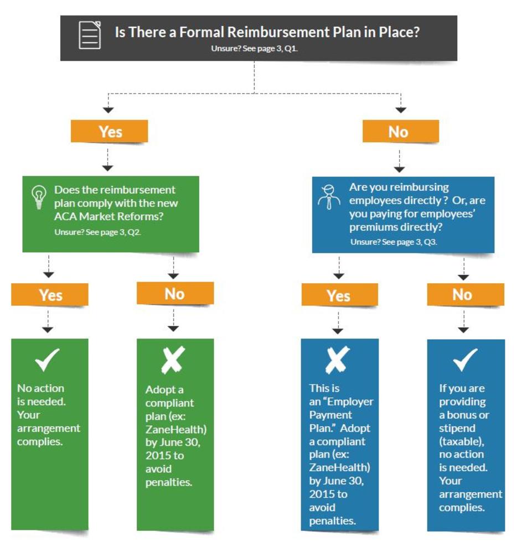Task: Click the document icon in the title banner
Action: (x=90, y=35)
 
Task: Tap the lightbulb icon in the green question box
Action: (x=39, y=197)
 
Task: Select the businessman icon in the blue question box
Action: (x=328, y=197)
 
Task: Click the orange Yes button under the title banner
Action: (x=110, y=132)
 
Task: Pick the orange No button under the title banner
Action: (x=401, y=132)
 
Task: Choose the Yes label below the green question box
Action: (x=50, y=295)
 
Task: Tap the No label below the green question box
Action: (x=175, y=294)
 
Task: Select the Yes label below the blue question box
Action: (x=339, y=295)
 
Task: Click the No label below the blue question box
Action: (x=466, y=294)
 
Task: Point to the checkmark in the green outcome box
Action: (x=47, y=359)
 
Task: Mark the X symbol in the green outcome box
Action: (x=173, y=360)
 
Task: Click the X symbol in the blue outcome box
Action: (x=337, y=360)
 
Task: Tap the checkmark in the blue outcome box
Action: (x=466, y=359)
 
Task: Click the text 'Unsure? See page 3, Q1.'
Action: (x=254, y=49)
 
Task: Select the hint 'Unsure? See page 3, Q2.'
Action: (x=97, y=232)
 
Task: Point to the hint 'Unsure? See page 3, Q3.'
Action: (x=394, y=242)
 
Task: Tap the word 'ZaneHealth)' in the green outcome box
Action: (x=176, y=429)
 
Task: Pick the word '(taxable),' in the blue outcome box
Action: (x=462, y=441)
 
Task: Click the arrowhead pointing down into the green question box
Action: (x=107, y=168)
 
